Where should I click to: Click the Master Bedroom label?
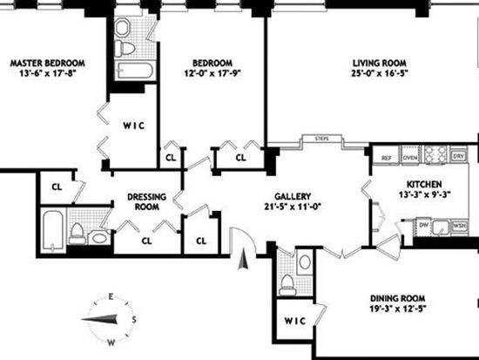pos(48,64)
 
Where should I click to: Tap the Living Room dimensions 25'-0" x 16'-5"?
pos(380,73)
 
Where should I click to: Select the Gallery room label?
pos(293,196)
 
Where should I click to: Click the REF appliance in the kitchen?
pos(387,158)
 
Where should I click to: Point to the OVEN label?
pos(410,158)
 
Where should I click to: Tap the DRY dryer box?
pos(458,156)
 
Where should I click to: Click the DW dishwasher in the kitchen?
pos(423,225)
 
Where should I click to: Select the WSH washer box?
pos(459,226)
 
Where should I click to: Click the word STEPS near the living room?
pos(322,139)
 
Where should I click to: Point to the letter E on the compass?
pos(111,296)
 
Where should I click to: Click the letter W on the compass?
pos(111,343)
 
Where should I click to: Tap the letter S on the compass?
pos(134,320)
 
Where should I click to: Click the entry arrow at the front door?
pos(243,260)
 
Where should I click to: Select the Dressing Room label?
pos(146,201)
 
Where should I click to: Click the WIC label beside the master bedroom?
pos(134,126)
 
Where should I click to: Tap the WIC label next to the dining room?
pos(294,321)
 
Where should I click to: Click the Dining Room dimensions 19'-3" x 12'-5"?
pos(397,309)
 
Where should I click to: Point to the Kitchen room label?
pos(424,184)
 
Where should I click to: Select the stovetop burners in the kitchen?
pos(435,154)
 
